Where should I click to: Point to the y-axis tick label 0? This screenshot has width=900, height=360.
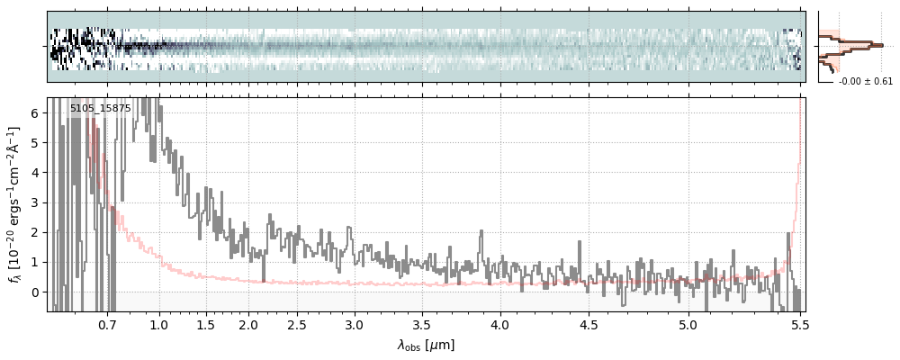coord(36,292)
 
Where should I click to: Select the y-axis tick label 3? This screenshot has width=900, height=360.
coord(36,202)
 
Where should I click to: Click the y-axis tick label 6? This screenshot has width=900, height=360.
coord(36,113)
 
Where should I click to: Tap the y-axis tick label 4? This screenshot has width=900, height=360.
coord(36,173)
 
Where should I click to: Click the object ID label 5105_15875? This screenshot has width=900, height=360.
coord(100,109)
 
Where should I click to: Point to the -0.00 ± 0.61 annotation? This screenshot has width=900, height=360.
coord(866,82)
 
